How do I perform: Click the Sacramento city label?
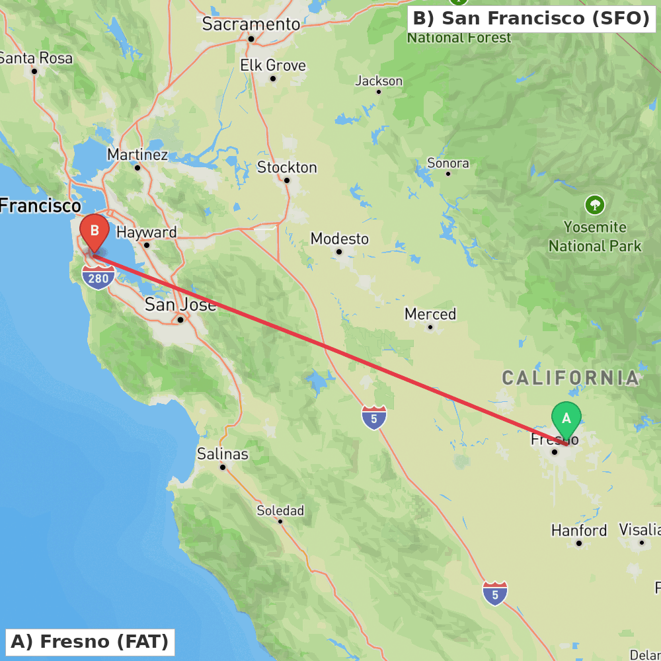pos(251,24)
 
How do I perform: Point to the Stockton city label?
pos(287,167)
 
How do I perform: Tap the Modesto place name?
pos(340,239)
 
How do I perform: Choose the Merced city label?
pos(430,314)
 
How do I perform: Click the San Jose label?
pos(180,305)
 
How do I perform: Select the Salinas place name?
pos(223,454)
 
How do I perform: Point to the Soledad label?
pos(280,510)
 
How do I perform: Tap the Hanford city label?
pos(579,530)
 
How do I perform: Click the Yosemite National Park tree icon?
pos(595,205)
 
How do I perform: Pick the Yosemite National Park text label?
pos(595,237)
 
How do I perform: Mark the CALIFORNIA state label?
pos(570,378)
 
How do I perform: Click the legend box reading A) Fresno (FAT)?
pos(90,642)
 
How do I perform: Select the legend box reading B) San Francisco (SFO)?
pos(531,19)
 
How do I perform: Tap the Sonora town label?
pos(448,163)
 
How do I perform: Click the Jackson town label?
pos(379,81)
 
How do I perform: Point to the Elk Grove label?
pos(273,65)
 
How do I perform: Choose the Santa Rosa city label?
pos(36,58)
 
